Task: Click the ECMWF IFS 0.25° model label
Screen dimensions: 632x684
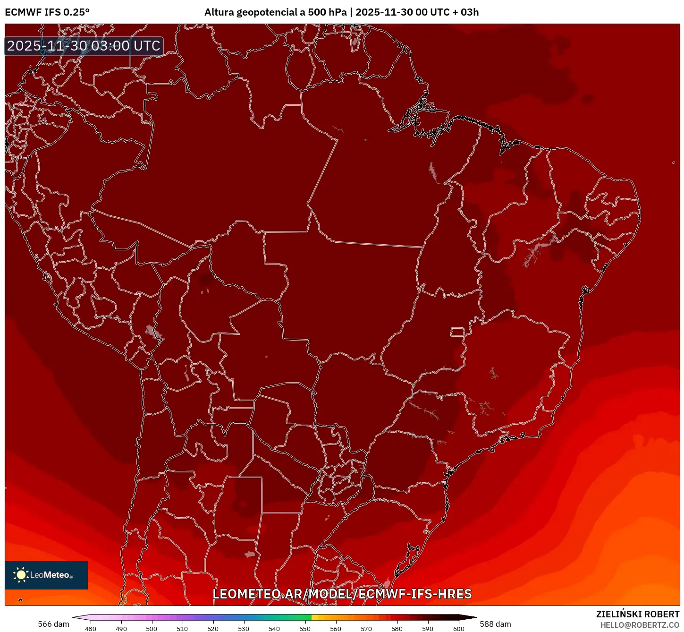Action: click(47, 12)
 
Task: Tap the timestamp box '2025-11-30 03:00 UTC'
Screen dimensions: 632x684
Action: click(84, 46)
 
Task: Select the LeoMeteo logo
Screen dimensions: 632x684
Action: click(46, 575)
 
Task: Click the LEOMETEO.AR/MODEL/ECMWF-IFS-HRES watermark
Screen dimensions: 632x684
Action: click(342, 594)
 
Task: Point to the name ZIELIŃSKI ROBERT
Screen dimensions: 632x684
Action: click(637, 614)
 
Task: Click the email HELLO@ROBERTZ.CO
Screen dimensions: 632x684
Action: click(640, 625)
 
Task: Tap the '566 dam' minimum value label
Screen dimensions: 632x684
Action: click(53, 624)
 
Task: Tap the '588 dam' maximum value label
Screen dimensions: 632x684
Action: click(495, 624)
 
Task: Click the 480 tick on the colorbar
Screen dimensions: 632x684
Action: click(91, 629)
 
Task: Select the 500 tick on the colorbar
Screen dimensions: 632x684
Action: click(152, 629)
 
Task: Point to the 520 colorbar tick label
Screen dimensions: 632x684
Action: click(213, 629)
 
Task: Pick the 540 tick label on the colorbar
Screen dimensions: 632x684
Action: click(274, 629)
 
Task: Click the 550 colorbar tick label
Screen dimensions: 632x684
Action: click(305, 629)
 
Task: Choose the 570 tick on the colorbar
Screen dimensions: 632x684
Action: click(366, 629)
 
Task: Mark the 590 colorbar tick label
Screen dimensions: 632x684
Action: click(428, 629)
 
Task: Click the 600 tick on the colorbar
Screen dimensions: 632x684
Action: click(458, 629)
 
